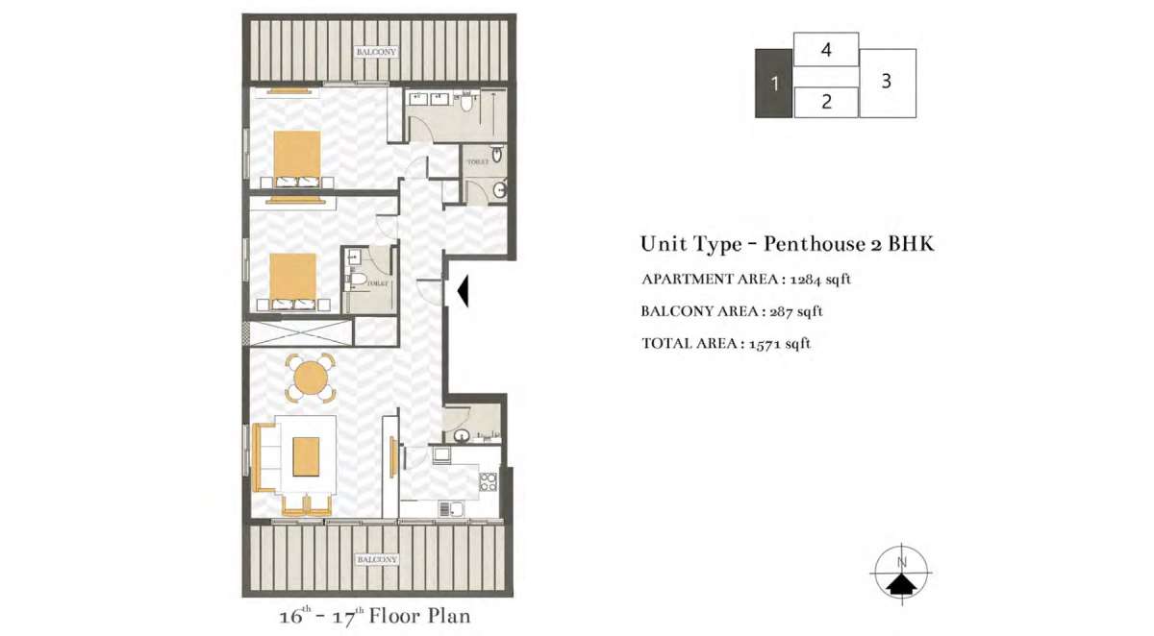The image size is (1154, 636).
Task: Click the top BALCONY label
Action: coord(376,52)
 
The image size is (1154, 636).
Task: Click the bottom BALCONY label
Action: coord(376,559)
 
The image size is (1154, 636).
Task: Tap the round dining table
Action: coord(310,379)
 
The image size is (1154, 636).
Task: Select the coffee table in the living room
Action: coord(306,456)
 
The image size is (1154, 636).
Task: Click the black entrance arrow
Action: coord(462,291)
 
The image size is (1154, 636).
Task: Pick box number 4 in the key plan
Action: coord(826,50)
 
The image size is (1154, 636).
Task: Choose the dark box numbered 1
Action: coord(774,84)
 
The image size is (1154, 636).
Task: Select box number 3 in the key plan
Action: coord(887,83)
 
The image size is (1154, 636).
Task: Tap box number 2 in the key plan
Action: coord(826,102)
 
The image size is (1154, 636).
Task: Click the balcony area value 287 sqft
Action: coord(797,311)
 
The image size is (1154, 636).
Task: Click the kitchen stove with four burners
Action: coord(488,481)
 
